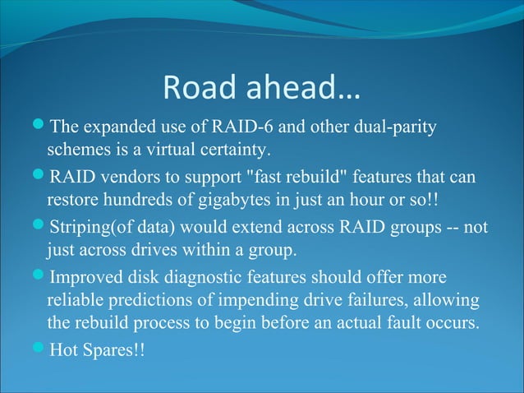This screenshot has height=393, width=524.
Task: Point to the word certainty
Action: (x=233, y=150)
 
